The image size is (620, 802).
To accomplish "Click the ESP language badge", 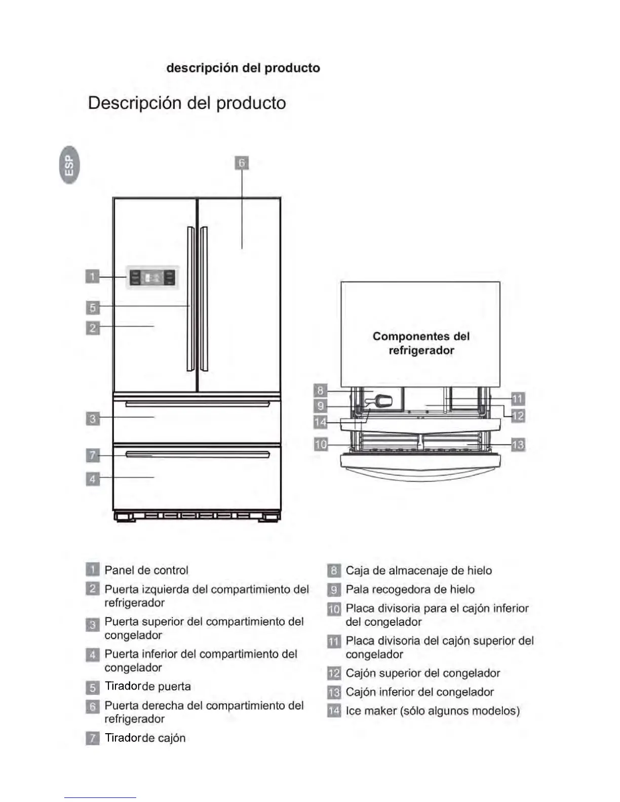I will coord(69,165).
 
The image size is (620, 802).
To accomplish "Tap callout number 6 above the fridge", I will coord(242,163).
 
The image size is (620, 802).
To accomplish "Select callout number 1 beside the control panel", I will coord(92,276).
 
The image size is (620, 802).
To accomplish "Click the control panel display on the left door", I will coord(152,277).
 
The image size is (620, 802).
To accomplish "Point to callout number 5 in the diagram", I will coord(92,307).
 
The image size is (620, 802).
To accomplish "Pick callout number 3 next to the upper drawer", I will coord(92,419).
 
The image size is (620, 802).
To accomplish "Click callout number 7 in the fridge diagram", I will coord(92,455).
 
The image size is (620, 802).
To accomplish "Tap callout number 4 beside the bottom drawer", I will coord(92,478).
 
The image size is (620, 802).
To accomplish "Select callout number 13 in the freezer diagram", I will coord(518,445).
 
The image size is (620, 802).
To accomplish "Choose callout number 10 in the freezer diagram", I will coord(321,445).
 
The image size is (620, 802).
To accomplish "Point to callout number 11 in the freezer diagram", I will coord(517,399).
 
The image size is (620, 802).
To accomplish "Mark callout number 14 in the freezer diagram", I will coord(321,422).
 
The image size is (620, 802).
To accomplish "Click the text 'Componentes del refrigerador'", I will coord(421,343).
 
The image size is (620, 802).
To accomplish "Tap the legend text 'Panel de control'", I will coord(146,570).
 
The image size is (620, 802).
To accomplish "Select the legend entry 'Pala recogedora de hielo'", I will coord(410,589).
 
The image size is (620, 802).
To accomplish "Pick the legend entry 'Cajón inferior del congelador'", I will coord(419,692).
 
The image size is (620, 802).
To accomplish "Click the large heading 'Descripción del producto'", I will coord(187,103).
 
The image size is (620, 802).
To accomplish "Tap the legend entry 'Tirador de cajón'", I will coord(145,738).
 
